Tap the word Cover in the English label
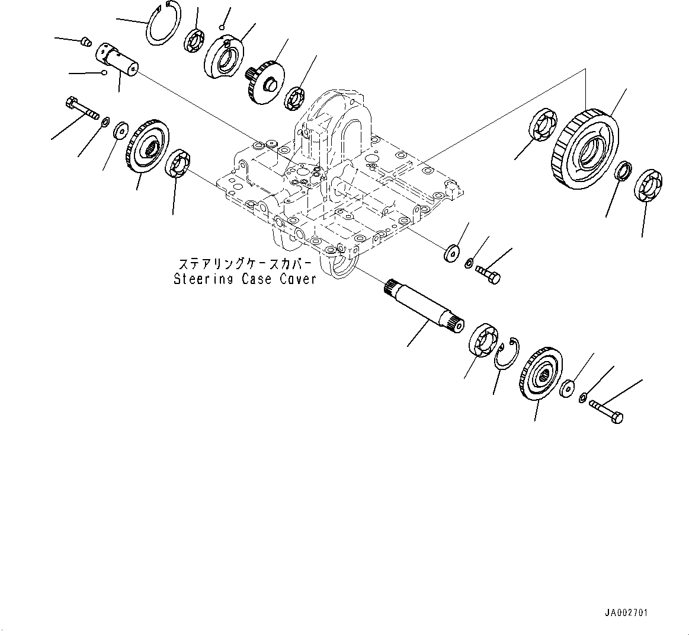295,279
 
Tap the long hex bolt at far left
76,110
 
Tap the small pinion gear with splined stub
265,81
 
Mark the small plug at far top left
85,42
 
